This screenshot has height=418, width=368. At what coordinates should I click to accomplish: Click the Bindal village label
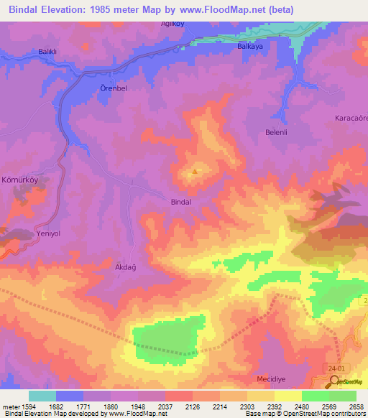click(181, 203)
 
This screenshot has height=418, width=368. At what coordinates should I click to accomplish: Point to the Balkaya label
click(251, 46)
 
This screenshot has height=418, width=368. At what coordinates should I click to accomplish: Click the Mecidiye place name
click(272, 378)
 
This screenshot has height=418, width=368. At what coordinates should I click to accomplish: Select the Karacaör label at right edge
click(351, 117)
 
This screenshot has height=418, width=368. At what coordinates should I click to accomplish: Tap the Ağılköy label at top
click(172, 24)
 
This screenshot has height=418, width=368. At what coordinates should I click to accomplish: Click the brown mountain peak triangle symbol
click(195, 172)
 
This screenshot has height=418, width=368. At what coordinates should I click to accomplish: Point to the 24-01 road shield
click(333, 366)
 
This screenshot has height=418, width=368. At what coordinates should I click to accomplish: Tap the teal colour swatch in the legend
click(42, 396)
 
